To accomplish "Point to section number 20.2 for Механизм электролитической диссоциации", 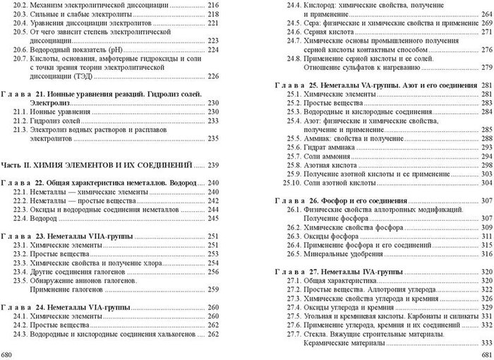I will click(x=20, y=6).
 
